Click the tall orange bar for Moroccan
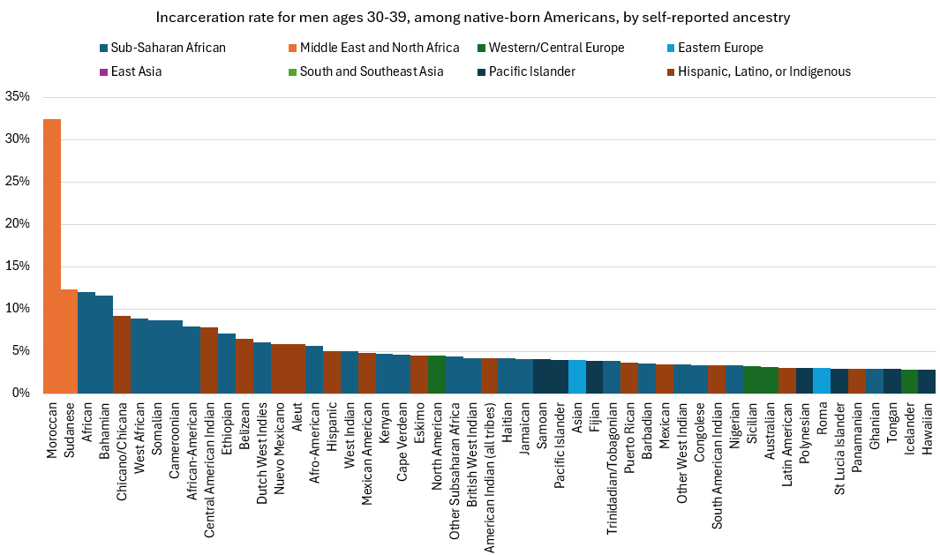(x=51, y=256)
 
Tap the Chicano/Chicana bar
(x=122, y=354)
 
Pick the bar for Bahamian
(x=104, y=344)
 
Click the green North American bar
(x=437, y=374)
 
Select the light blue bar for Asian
(x=576, y=377)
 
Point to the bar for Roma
(x=822, y=380)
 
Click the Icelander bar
(x=909, y=381)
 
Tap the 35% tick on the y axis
(x=17, y=96)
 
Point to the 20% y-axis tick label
(x=17, y=223)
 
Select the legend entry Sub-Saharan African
(x=163, y=48)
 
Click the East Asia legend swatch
(x=104, y=72)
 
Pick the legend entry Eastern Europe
(x=715, y=48)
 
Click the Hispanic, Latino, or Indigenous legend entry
(x=758, y=72)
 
